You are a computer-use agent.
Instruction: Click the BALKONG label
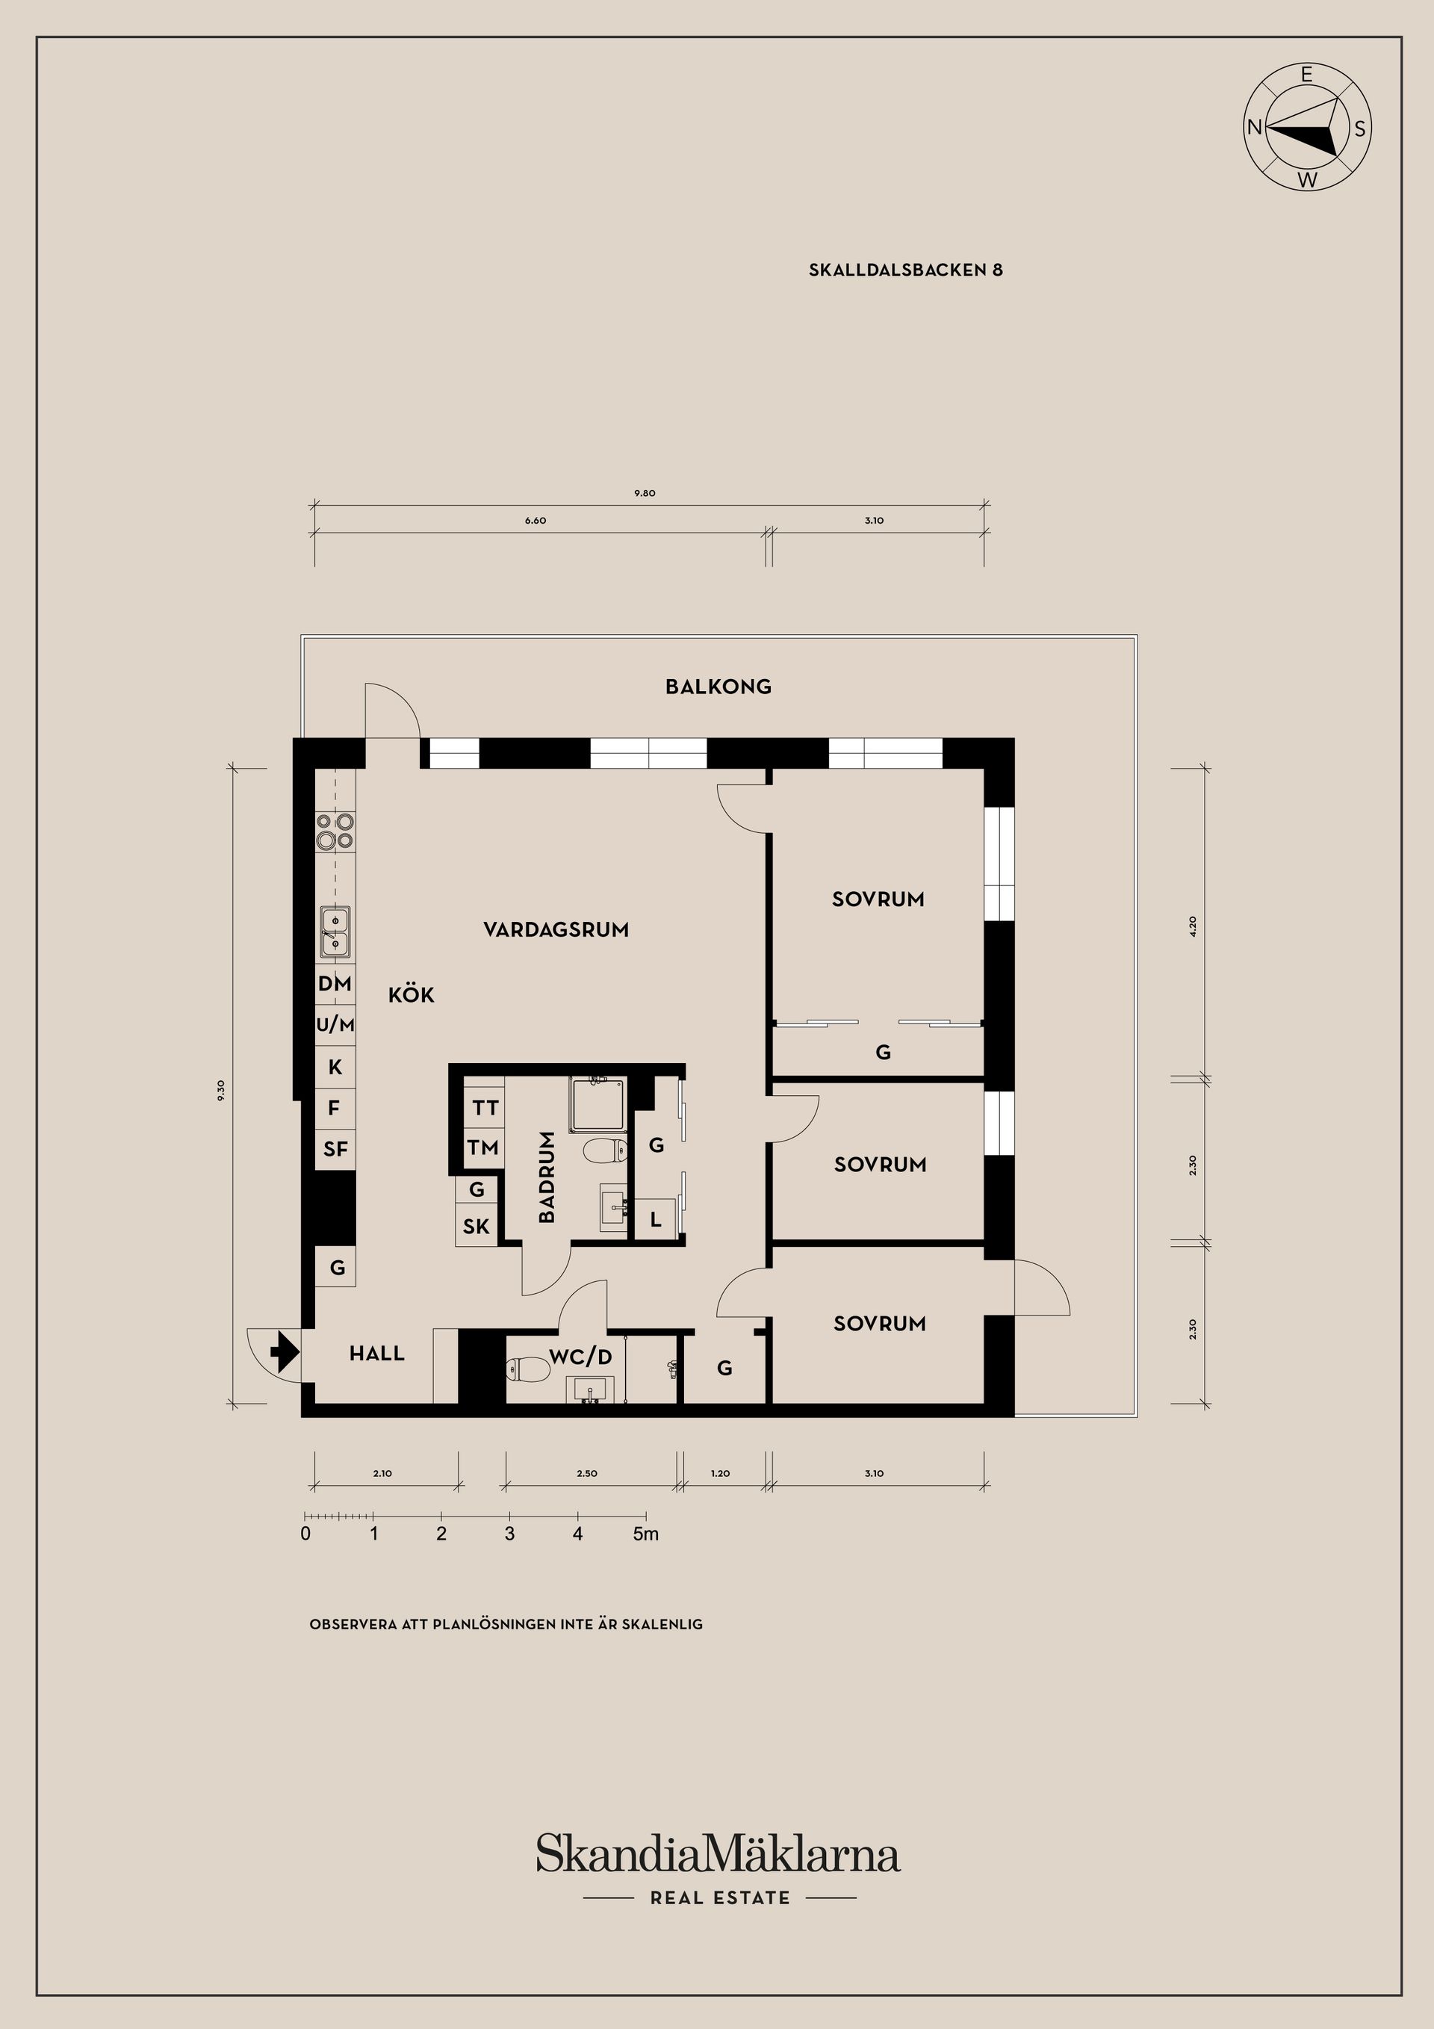(x=718, y=687)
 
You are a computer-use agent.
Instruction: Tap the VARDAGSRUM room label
(x=556, y=929)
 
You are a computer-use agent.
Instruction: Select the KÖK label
(x=411, y=995)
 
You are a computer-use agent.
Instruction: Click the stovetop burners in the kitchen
(x=335, y=831)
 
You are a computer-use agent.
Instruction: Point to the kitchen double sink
(x=335, y=932)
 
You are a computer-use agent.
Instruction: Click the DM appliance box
(x=335, y=985)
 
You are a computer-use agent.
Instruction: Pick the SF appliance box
(x=335, y=1150)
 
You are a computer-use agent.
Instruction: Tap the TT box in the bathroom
(x=485, y=1108)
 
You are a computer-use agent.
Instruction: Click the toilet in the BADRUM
(x=606, y=1150)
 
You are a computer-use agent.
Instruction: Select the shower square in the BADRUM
(x=598, y=1105)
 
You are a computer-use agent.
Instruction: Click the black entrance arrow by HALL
(x=284, y=1352)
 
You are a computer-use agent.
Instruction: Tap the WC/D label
(x=580, y=1357)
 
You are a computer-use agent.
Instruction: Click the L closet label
(x=656, y=1221)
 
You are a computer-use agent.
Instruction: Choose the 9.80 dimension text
(x=644, y=493)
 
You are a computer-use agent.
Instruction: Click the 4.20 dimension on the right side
(x=1193, y=926)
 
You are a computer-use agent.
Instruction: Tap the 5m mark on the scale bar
(x=646, y=1534)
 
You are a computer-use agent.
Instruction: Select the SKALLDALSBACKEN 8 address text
(x=906, y=270)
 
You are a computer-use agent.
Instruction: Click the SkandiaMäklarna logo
(x=718, y=1854)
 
